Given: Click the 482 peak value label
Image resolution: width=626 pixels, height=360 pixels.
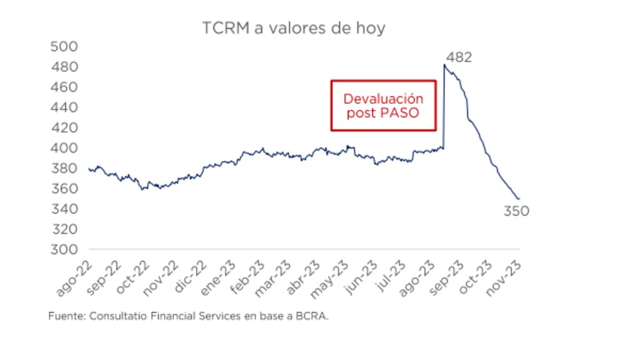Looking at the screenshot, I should click(x=459, y=58).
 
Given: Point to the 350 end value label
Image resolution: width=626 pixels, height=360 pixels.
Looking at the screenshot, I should click(x=516, y=212).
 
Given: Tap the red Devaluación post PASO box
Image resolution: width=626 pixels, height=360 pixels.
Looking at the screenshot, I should click(x=382, y=105).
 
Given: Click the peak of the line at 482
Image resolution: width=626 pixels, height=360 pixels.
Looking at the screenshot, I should click(x=444, y=64).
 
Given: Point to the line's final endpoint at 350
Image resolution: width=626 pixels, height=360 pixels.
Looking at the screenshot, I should click(x=519, y=199).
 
